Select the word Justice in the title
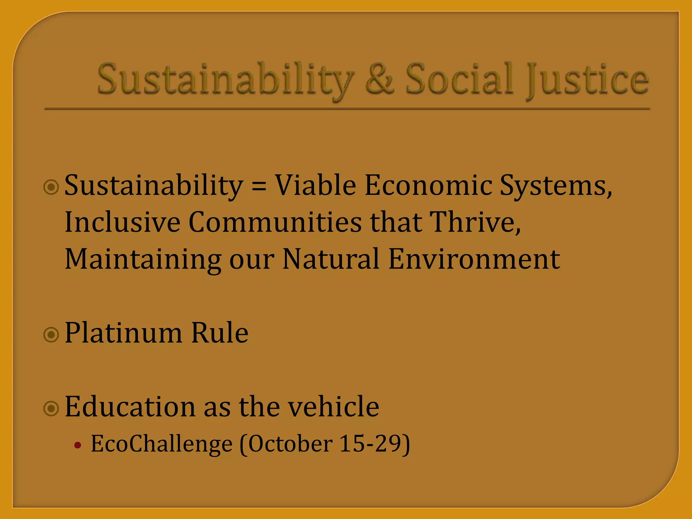coord(588,80)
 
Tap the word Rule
coord(220,332)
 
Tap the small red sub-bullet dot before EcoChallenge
coord(78,445)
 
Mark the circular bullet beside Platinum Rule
coord(52,335)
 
